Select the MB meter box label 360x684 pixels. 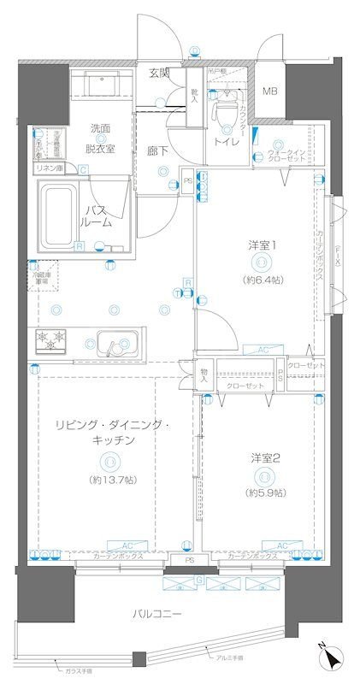tap(269, 91)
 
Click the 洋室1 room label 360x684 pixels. tap(262, 245)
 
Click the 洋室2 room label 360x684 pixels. tap(264, 458)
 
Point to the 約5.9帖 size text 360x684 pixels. tap(264, 492)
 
